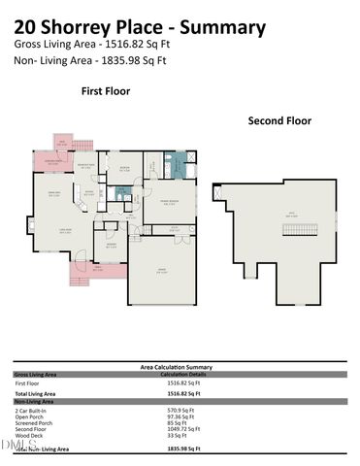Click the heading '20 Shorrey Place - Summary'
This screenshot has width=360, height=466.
pyautogui.click(x=140, y=27)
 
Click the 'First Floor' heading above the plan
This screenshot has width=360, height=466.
pyautogui.click(x=105, y=91)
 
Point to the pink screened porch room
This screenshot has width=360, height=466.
pyautogui.click(x=49, y=161)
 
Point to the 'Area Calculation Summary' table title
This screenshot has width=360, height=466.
pyautogui.click(x=178, y=365)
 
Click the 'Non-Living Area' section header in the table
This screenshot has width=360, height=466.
pyautogui.click(x=34, y=400)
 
